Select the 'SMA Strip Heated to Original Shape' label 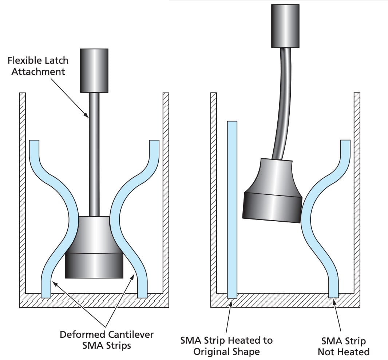click(226, 346)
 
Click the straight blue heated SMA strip click(232, 207)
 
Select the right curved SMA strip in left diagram click(127, 218)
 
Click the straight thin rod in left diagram click(94, 153)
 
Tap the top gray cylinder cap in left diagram click(94, 70)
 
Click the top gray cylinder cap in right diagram click(285, 26)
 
